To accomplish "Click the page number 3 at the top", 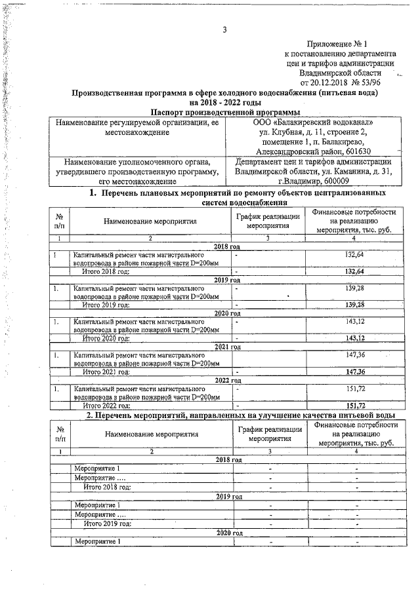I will (x=224, y=29).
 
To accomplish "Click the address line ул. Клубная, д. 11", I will (x=292, y=132).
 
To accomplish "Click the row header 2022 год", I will (x=228, y=380).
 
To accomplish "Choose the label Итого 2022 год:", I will (x=106, y=406).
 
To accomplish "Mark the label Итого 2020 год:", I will (x=106, y=338).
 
